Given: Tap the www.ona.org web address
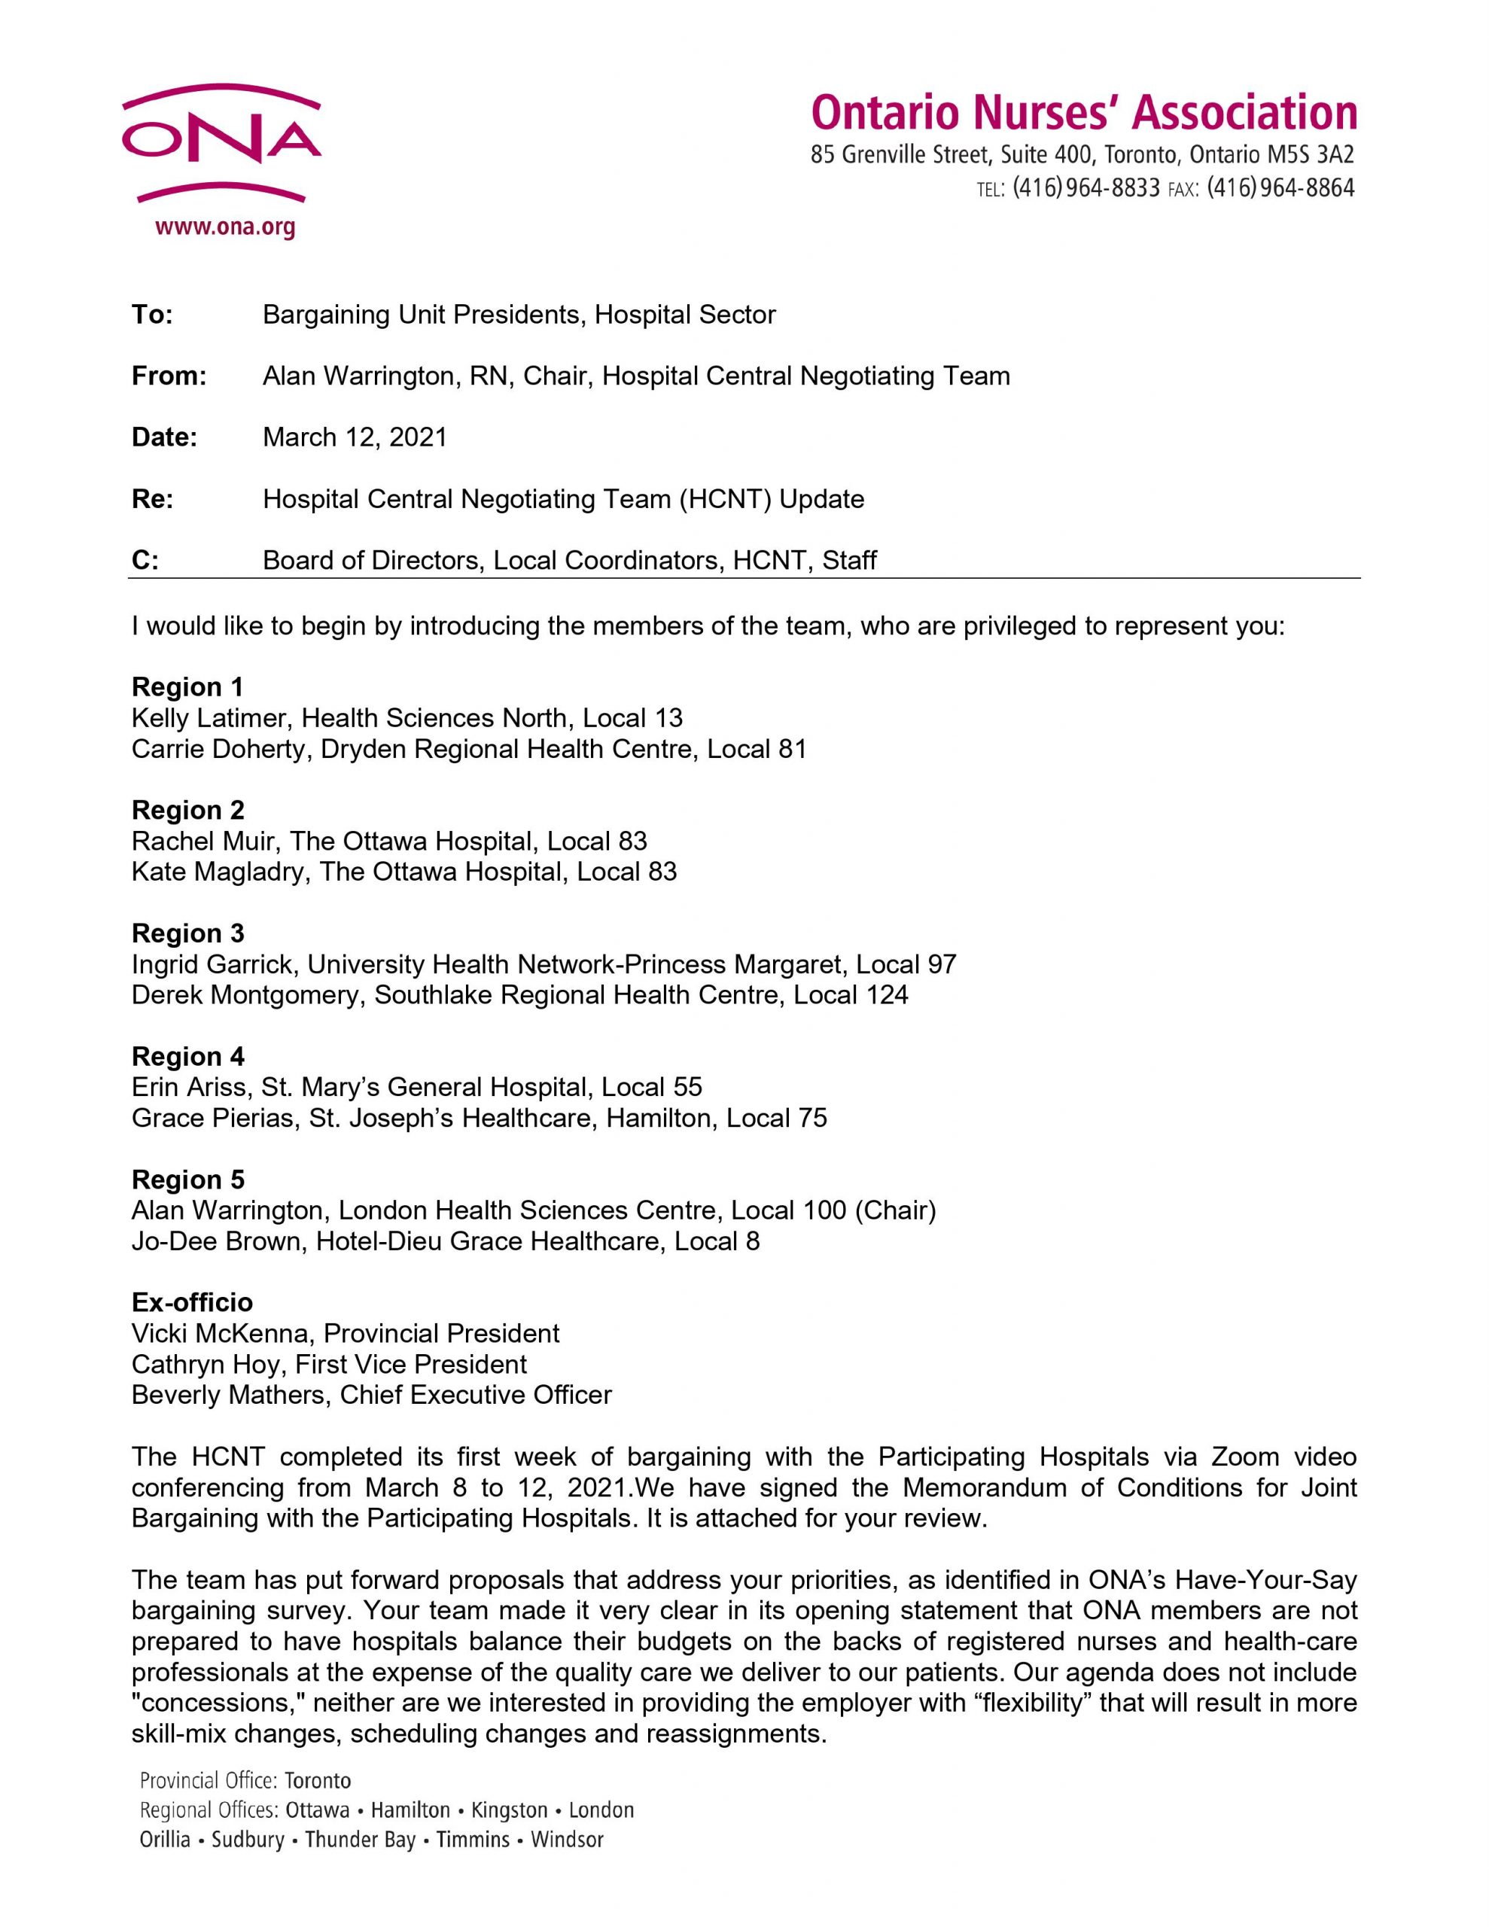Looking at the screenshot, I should coord(225,227).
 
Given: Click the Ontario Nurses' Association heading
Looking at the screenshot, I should coord(1083,113).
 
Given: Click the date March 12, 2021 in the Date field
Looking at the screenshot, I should coord(355,437).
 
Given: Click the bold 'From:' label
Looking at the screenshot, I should coord(169,377).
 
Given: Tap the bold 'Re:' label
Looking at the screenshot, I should coord(153,499).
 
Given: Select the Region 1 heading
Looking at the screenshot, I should coord(187,686).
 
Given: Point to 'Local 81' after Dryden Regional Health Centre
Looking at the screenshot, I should coord(757,749).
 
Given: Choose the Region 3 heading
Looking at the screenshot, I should coord(188,933).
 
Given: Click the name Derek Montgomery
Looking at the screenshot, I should coord(246,995).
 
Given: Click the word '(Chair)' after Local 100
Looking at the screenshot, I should coord(895,1210).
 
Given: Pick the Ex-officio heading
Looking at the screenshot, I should coord(191,1302).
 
